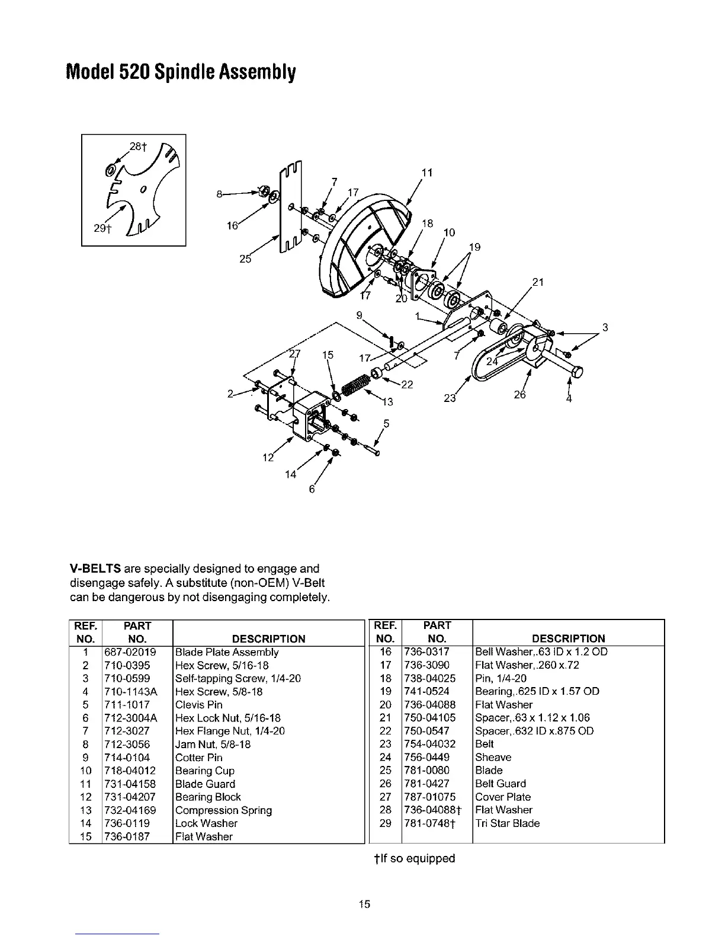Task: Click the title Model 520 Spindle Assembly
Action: [181, 73]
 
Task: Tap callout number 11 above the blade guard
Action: [426, 173]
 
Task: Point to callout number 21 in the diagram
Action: [538, 282]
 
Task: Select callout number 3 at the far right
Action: [605, 327]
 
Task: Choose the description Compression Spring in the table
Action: [223, 810]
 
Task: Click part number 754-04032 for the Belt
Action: [429, 744]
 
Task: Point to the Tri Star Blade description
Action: [507, 823]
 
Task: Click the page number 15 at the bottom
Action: [364, 904]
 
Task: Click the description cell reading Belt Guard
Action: [500, 784]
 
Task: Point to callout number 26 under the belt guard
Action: [519, 395]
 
